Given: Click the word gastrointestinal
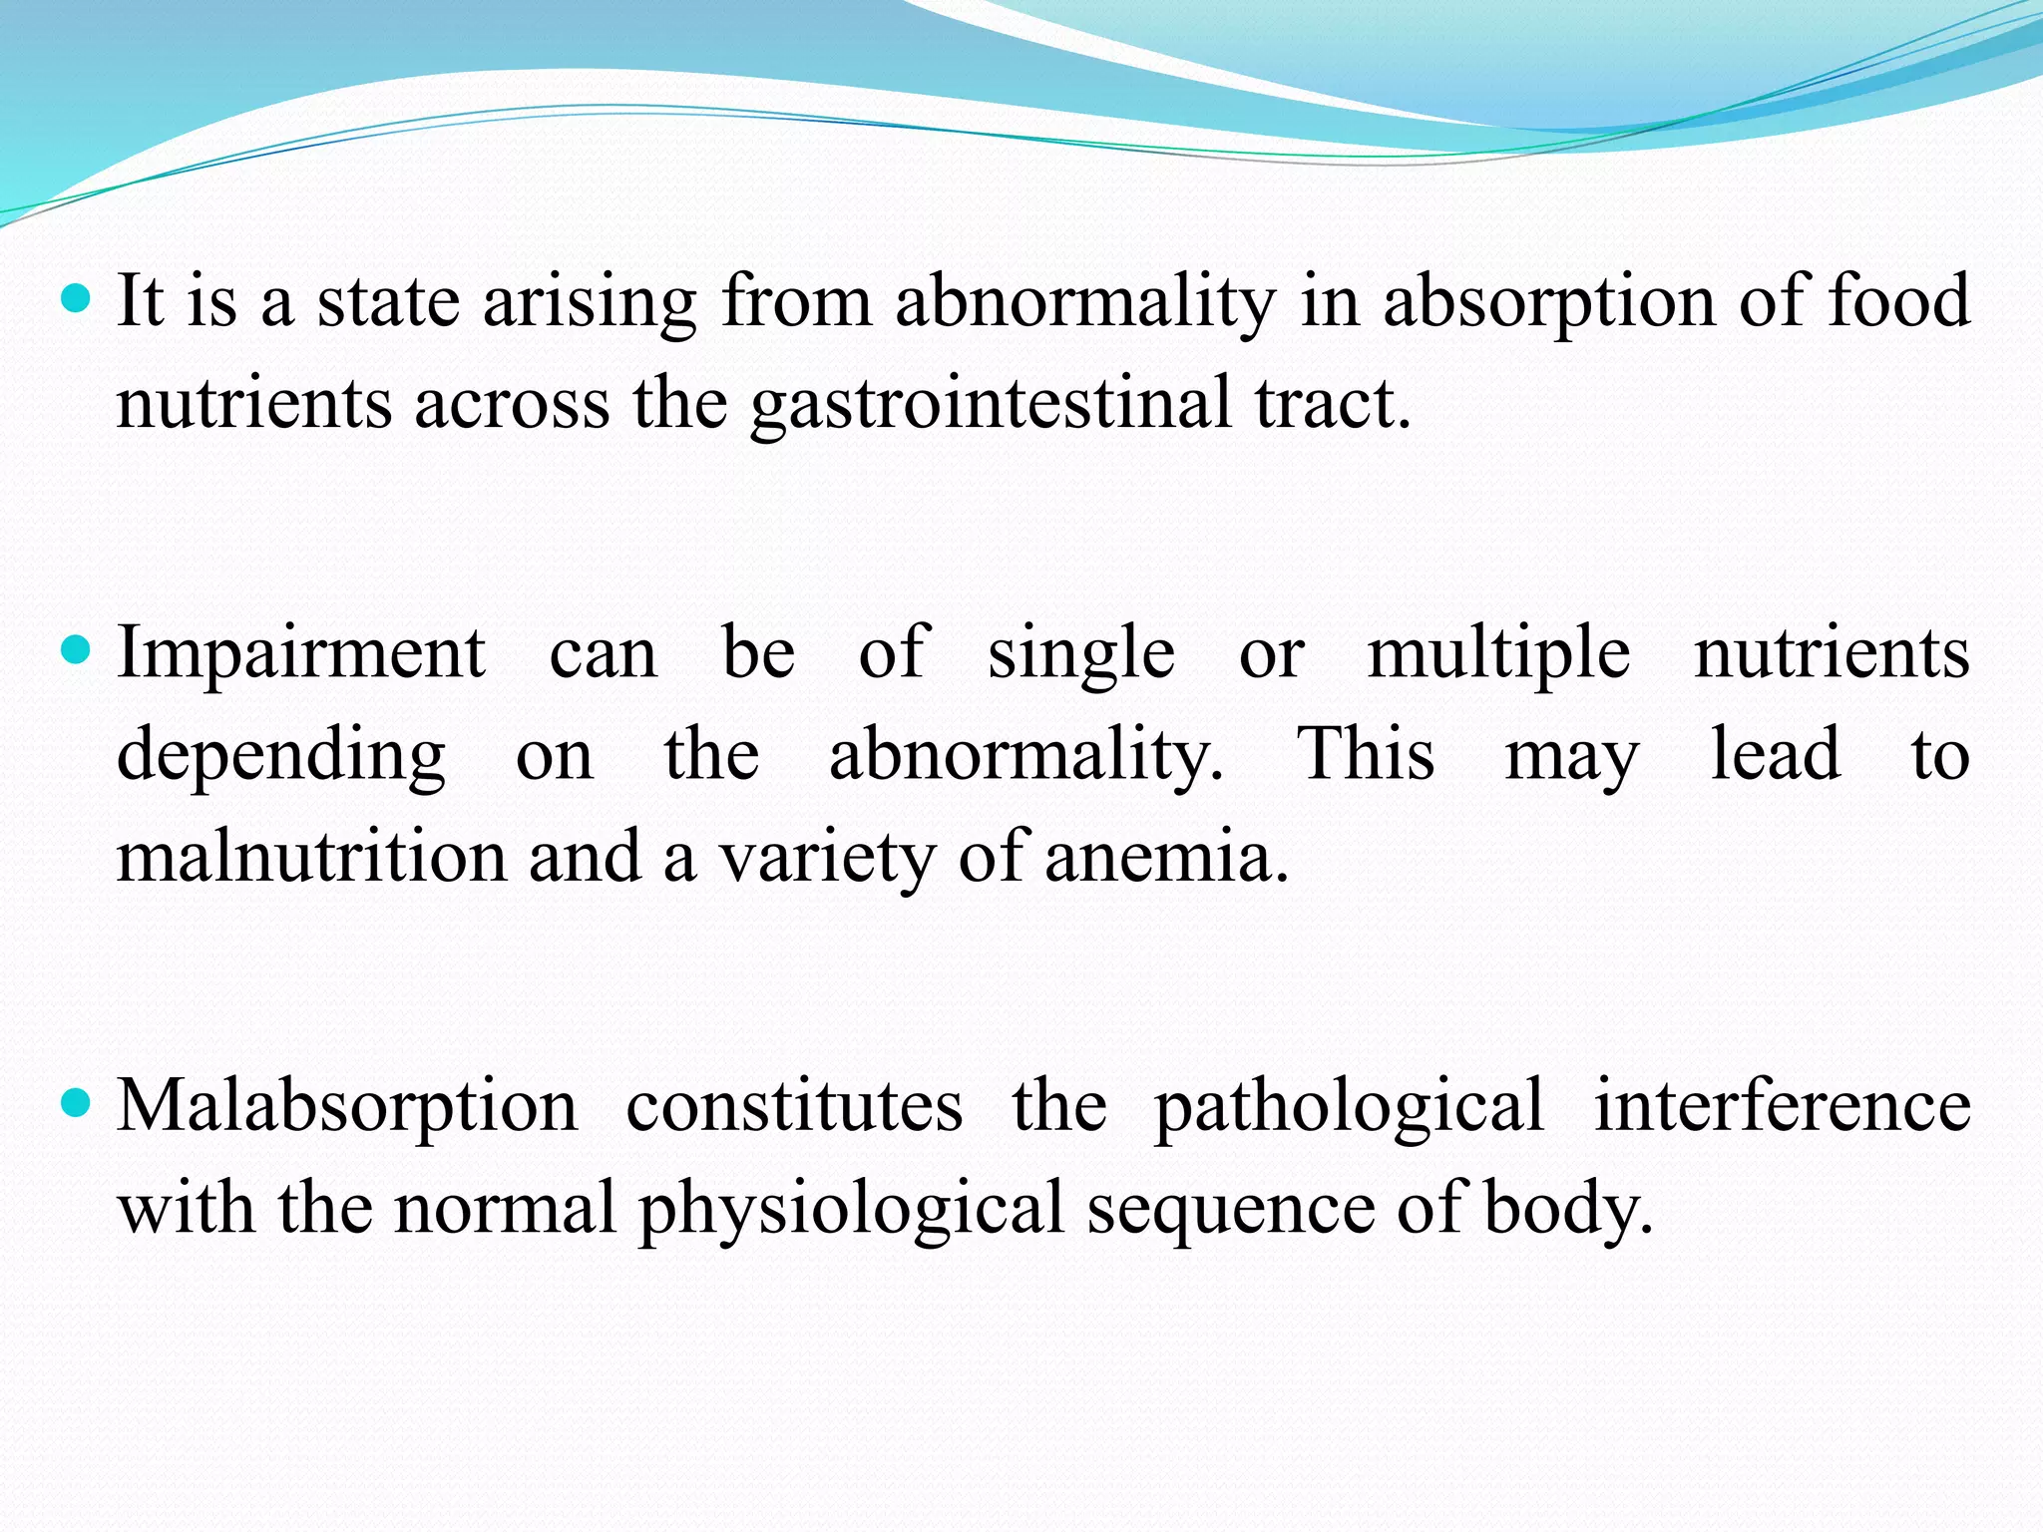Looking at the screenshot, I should pyautogui.click(x=992, y=404).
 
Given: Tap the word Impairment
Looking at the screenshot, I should pyautogui.click(x=300, y=653).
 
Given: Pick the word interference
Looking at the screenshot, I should pyautogui.click(x=1782, y=1105).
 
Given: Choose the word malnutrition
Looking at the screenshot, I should pyautogui.click(x=311, y=858).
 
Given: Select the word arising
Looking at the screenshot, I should pyautogui.click(x=590, y=302).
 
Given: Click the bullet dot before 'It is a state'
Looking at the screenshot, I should pyautogui.click(x=76, y=297).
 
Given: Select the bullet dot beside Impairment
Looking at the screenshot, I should pyautogui.click(x=76, y=651).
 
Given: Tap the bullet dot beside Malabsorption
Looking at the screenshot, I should pyautogui.click(x=76, y=1104).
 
